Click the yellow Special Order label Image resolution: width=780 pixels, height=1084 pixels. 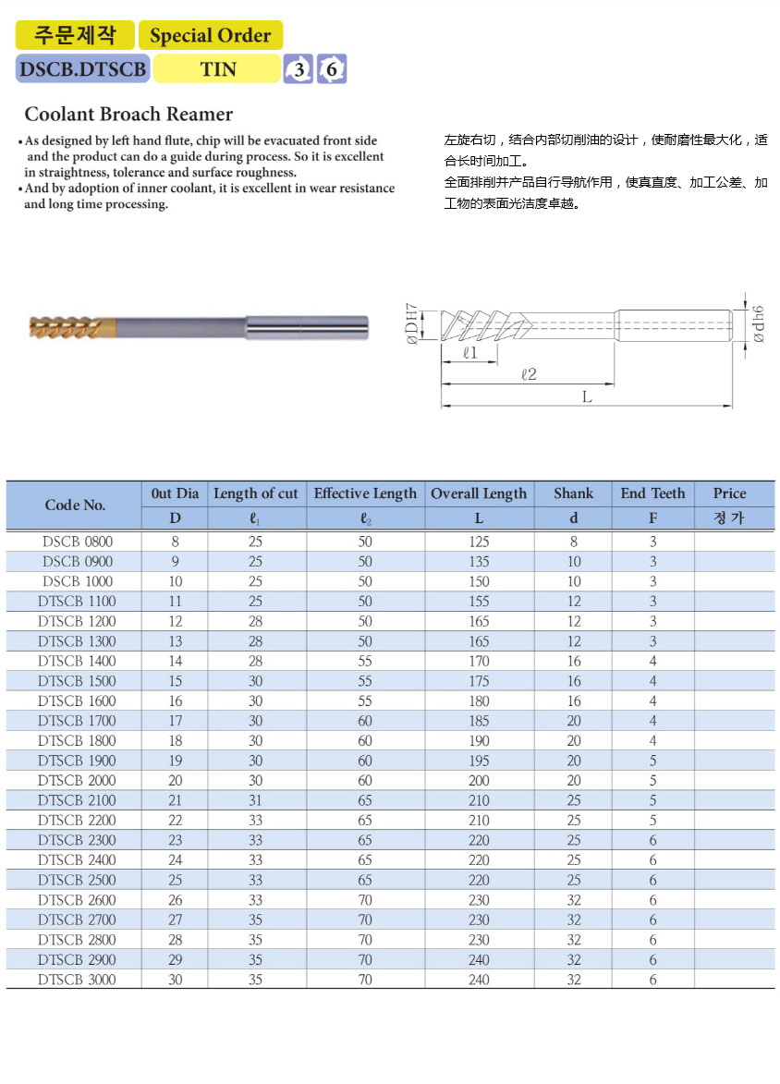click(x=210, y=36)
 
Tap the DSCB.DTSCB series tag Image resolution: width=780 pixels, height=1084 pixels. click(x=82, y=69)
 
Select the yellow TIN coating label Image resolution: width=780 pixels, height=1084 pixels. click(x=217, y=69)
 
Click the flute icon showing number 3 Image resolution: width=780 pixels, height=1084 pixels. click(x=299, y=69)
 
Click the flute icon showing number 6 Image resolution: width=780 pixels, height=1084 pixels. click(x=332, y=69)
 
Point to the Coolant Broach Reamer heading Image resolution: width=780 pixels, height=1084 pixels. click(x=128, y=115)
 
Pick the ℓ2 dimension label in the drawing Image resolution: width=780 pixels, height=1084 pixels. click(x=529, y=374)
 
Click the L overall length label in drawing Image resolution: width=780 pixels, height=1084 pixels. click(x=586, y=396)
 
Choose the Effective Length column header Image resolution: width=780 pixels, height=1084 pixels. click(x=365, y=493)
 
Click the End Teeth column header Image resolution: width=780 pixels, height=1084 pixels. click(x=652, y=493)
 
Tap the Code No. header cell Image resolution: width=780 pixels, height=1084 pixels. click(x=75, y=505)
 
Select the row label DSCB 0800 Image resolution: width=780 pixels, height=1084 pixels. click(x=78, y=542)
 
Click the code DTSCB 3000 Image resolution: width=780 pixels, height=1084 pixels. click(x=78, y=979)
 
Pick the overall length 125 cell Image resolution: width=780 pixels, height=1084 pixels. click(x=479, y=542)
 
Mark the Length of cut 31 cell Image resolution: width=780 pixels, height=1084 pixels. click(x=255, y=800)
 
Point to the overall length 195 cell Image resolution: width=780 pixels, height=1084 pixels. click(x=479, y=761)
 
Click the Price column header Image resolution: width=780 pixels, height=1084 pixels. click(x=729, y=493)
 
